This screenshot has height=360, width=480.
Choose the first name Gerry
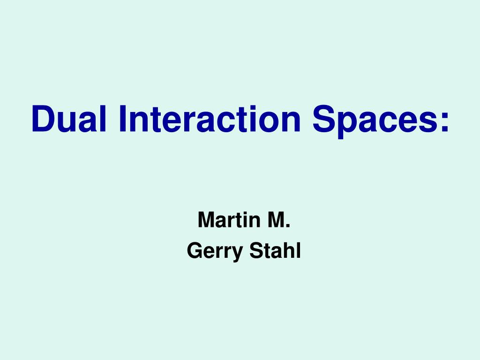point(214,251)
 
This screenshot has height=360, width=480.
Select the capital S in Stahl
point(256,251)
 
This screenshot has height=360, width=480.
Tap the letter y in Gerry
point(238,254)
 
